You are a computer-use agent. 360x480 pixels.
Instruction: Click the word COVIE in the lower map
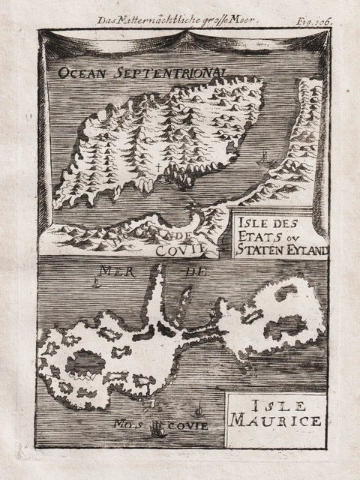tap(191, 425)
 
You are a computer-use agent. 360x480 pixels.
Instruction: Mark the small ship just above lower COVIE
tap(198, 410)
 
